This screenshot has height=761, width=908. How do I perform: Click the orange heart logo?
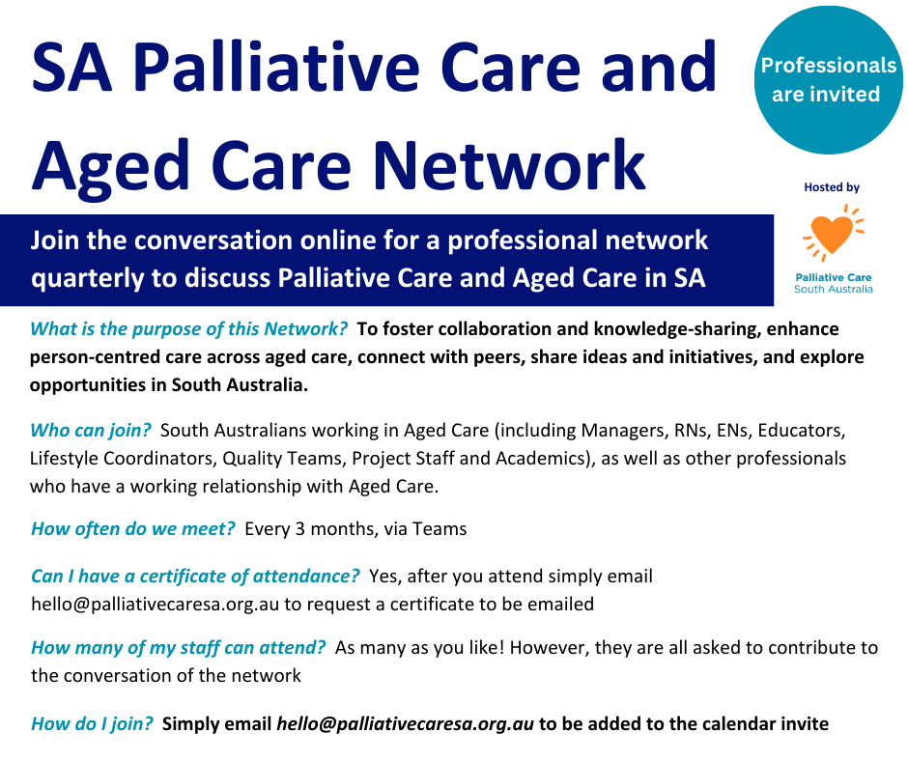tap(833, 233)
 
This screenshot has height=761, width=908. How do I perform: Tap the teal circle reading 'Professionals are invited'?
tap(828, 80)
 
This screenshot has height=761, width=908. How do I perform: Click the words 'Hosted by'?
tap(832, 187)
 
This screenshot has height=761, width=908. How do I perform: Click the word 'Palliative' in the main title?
tap(276, 66)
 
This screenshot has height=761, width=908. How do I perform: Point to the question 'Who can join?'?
tap(91, 431)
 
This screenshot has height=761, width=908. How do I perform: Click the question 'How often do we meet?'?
tap(132, 529)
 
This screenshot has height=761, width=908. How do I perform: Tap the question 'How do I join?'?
tap(92, 724)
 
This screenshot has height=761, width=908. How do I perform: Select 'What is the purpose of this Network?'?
tap(188, 329)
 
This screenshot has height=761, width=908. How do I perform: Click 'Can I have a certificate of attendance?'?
tap(195, 577)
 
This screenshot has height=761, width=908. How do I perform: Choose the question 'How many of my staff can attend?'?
tap(179, 647)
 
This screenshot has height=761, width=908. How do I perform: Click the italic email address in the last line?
tap(406, 724)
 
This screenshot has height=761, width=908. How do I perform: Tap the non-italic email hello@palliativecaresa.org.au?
tap(156, 604)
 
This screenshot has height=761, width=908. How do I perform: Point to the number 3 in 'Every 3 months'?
tap(300, 529)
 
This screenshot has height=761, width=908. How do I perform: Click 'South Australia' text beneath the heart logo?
tap(834, 289)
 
